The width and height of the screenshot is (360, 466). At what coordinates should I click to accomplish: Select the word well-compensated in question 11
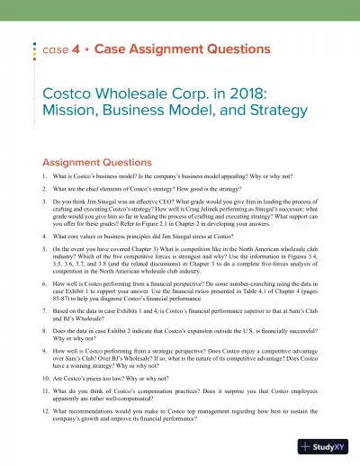point(129,406)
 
